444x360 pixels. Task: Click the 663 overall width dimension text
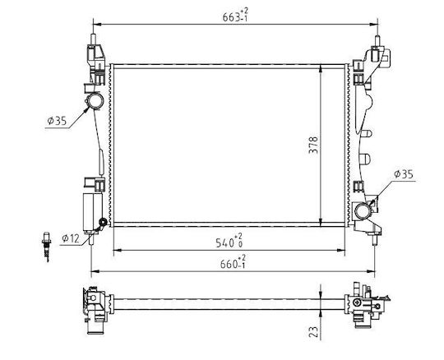[x=235, y=16]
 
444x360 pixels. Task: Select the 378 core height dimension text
[x=313, y=145]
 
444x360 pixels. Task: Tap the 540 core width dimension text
[x=229, y=241]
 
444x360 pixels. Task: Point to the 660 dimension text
[x=233, y=262]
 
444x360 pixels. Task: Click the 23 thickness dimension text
[x=313, y=331]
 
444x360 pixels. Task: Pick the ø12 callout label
[x=71, y=238]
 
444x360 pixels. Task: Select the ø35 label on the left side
[x=57, y=121]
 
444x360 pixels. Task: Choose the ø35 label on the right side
[x=404, y=174]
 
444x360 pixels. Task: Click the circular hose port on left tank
[x=95, y=101]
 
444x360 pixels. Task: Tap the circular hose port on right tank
[x=363, y=211]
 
